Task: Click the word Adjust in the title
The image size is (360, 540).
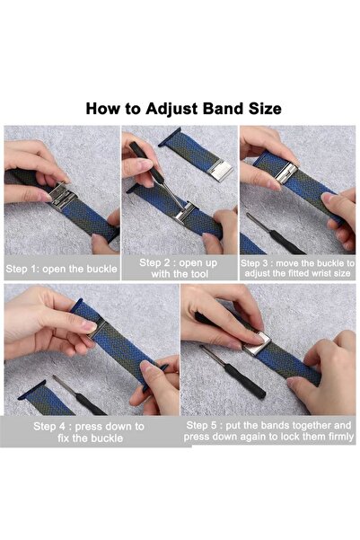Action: point(171,110)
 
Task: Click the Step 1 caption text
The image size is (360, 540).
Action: point(61,269)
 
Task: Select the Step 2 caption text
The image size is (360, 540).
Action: point(179,269)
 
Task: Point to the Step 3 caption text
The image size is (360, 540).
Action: point(297,269)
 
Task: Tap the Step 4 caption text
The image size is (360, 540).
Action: point(89,432)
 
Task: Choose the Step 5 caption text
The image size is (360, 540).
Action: point(268,430)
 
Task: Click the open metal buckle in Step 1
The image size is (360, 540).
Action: point(62,195)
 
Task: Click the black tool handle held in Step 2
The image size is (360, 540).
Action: point(146,162)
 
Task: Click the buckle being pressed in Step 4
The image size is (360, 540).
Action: point(97,328)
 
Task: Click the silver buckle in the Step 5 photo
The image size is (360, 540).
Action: point(258,344)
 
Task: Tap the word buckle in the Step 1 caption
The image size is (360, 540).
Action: point(101,269)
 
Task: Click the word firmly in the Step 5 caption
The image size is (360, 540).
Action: point(340,437)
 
